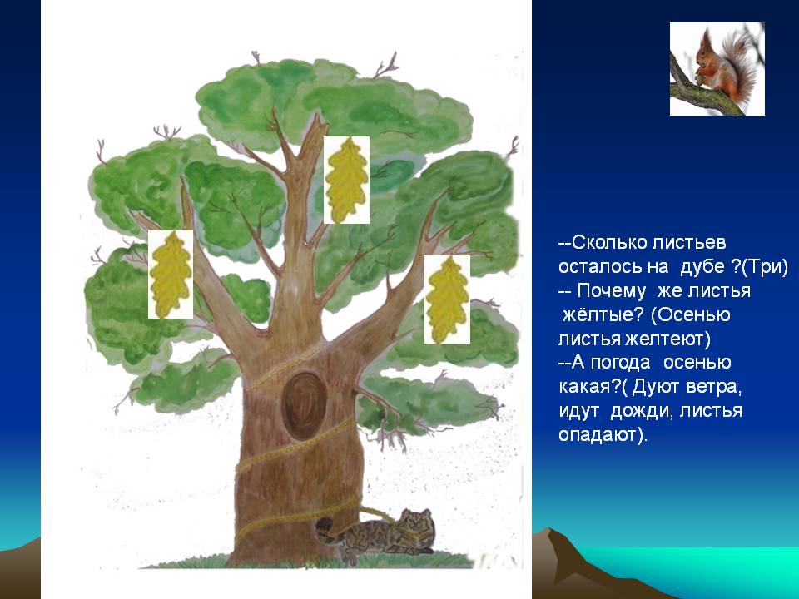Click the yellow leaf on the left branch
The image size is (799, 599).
171,274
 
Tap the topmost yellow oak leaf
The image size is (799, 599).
346,180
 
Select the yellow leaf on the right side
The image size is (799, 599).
447,299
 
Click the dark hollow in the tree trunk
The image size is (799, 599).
304,406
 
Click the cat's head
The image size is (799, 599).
416,525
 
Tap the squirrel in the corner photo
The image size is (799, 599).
721,67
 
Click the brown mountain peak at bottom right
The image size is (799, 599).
548,530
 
